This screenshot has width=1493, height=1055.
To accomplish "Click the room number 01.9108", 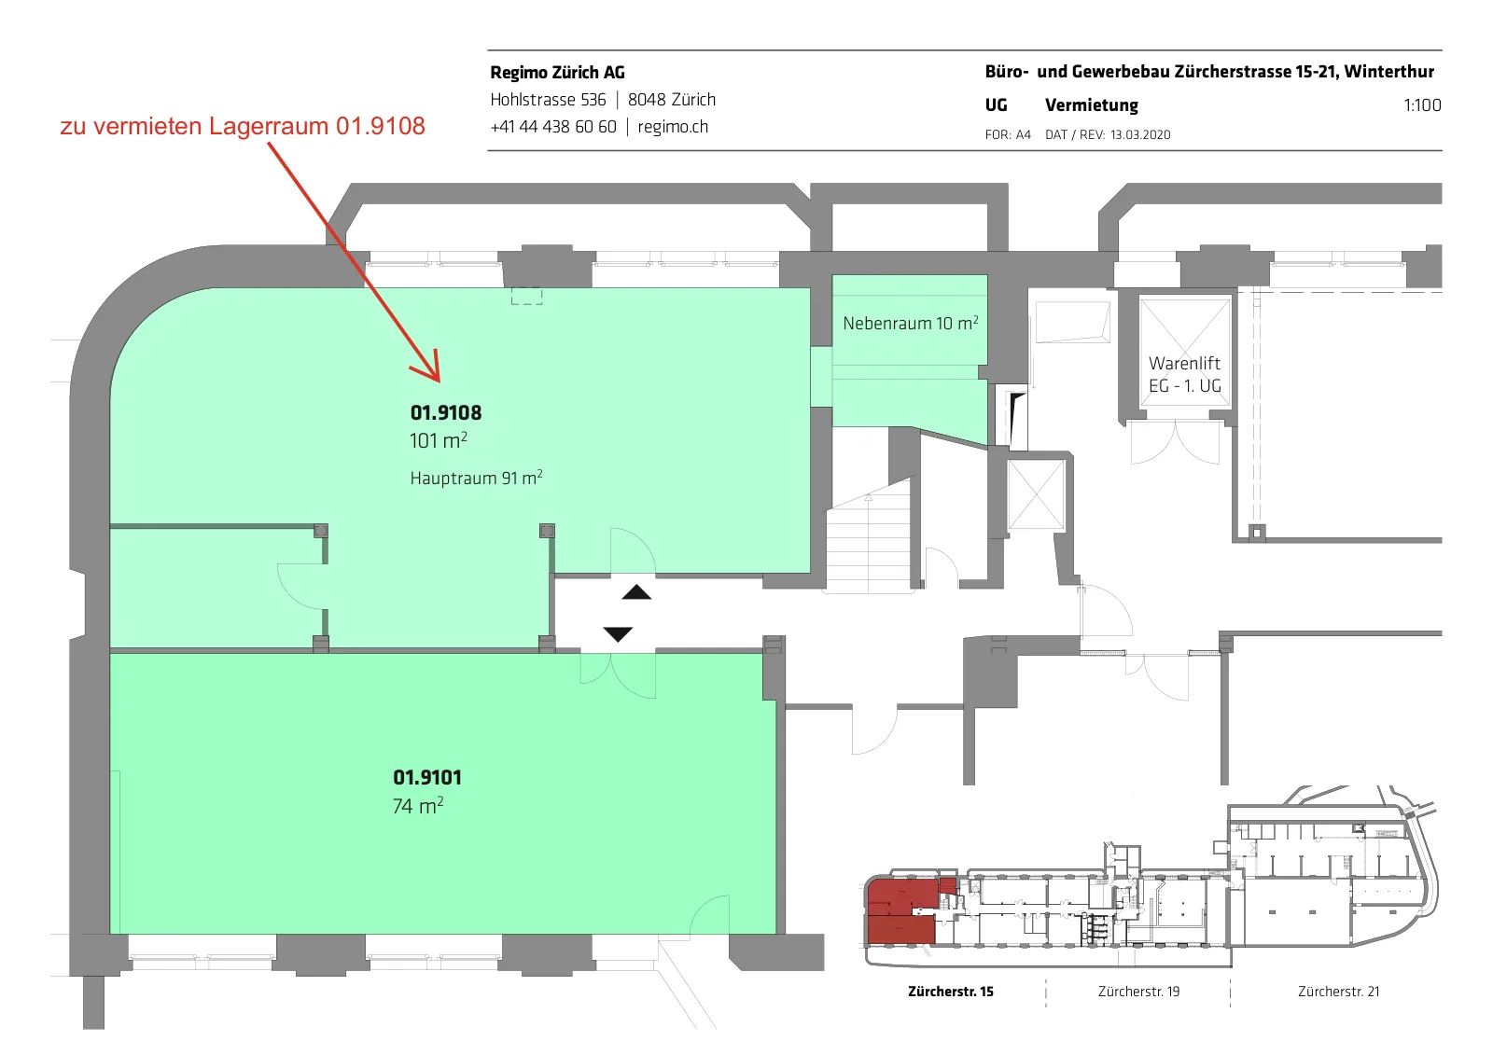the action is (446, 413).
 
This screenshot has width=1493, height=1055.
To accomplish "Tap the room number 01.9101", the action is (427, 778).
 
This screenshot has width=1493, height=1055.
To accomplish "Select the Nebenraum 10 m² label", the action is (911, 324).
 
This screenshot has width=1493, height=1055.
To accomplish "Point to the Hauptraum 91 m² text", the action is (476, 478).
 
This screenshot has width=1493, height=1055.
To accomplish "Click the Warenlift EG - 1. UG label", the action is (1184, 375).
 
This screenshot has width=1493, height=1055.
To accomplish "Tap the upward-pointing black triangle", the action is (636, 591).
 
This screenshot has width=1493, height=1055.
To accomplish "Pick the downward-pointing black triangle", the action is (618, 633).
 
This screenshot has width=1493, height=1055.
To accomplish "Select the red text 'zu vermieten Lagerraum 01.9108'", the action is (243, 126).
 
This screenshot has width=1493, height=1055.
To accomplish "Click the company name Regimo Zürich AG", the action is (557, 73).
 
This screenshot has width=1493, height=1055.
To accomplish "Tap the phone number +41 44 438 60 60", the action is (553, 127).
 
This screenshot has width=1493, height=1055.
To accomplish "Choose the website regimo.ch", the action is (673, 127).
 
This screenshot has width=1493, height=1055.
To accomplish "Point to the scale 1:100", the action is (1422, 105).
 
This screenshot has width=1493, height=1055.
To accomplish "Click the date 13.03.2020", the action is (1140, 134).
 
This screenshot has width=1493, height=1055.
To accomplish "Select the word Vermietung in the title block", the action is (1092, 105).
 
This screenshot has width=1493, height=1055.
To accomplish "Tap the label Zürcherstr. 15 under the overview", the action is (951, 992).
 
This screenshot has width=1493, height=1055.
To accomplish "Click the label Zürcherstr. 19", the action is (1138, 992).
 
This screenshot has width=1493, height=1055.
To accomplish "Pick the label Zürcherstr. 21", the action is (1338, 992).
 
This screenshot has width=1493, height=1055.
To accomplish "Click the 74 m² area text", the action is (418, 807).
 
